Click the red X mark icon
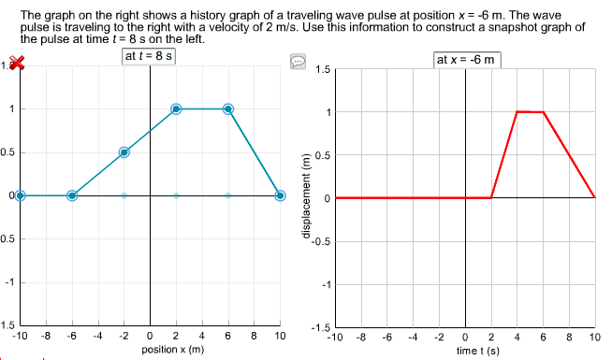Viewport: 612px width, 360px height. pyautogui.click(x=15, y=64)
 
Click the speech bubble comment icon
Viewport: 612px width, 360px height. pyautogui.click(x=299, y=62)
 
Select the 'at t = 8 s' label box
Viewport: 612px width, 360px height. pyautogui.click(x=150, y=57)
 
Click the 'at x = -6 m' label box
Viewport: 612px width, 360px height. pyautogui.click(x=467, y=60)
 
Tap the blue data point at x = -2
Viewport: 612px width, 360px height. pyautogui.click(x=124, y=152)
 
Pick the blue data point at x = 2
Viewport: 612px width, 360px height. pyautogui.click(x=176, y=109)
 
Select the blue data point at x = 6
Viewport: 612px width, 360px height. pyautogui.click(x=227, y=109)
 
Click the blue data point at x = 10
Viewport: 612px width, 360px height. pyautogui.click(x=280, y=195)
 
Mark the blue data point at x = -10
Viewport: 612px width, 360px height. pyautogui.click(x=20, y=195)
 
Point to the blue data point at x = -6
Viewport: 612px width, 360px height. pyautogui.click(x=72, y=195)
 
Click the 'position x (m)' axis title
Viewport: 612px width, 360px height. pyautogui.click(x=172, y=349)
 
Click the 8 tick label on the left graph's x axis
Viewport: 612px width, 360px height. pyautogui.click(x=254, y=336)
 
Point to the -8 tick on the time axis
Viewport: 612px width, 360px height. pyautogui.click(x=360, y=337)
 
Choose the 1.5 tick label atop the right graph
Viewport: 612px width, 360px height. pyautogui.click(x=323, y=70)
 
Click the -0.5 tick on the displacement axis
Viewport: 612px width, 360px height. pyautogui.click(x=320, y=241)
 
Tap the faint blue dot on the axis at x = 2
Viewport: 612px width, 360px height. pyautogui.click(x=176, y=195)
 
